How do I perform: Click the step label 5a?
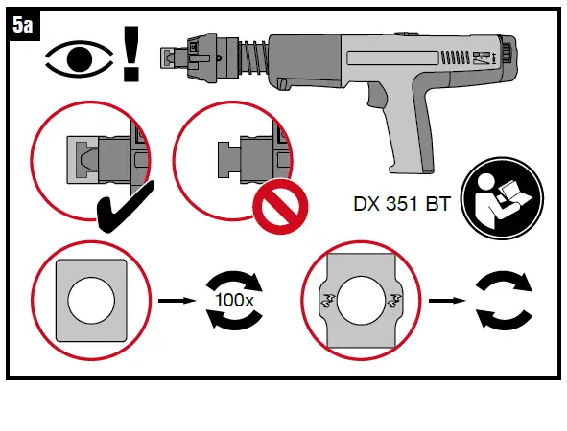tap(24, 25)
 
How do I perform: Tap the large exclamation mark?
tap(130, 57)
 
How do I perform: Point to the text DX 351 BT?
tap(397, 203)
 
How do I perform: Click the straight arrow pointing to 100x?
tap(172, 300)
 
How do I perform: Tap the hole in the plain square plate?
tap(90, 300)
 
